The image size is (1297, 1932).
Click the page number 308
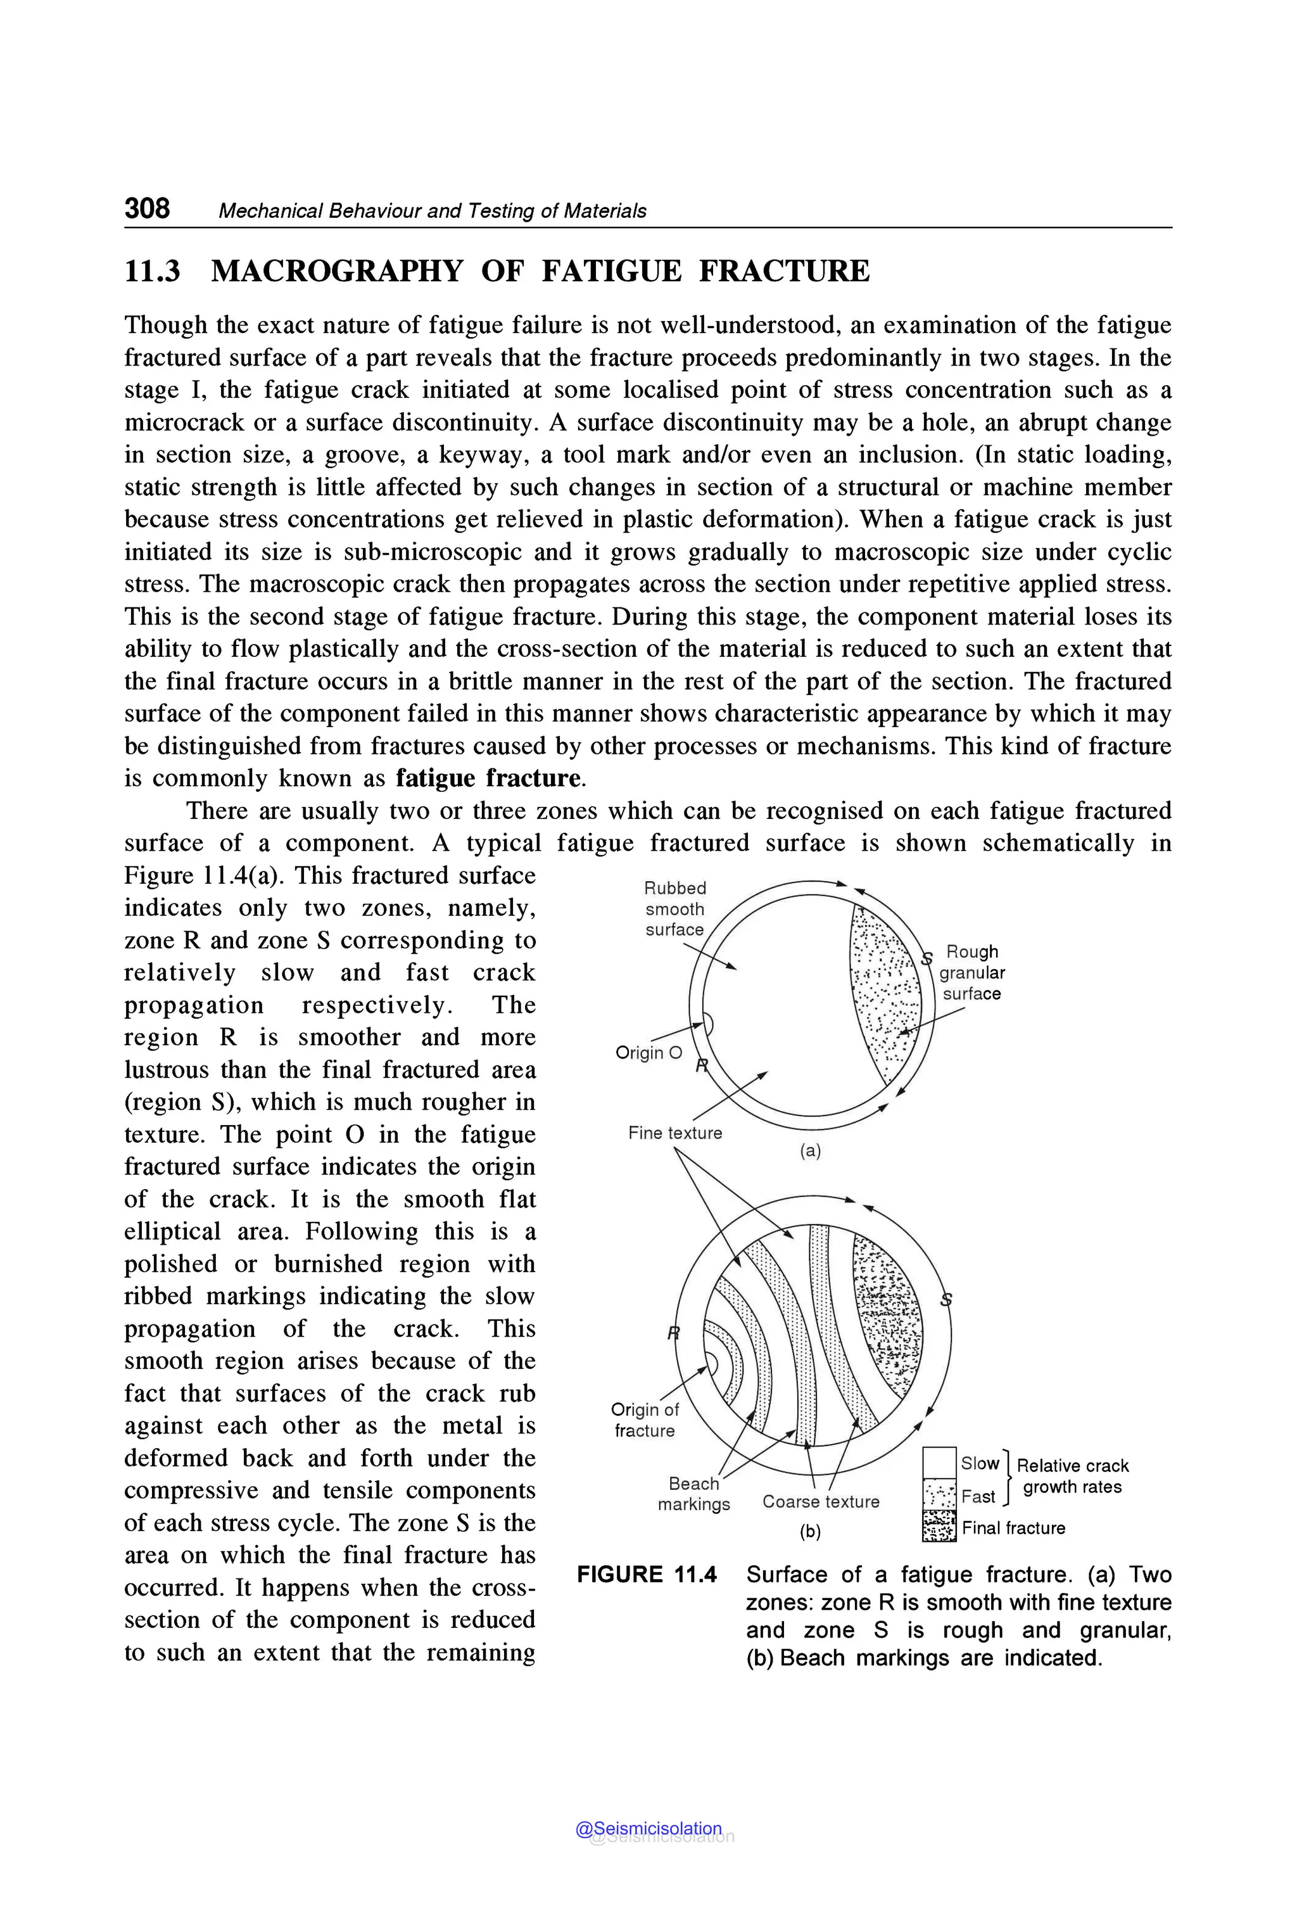pos(147,208)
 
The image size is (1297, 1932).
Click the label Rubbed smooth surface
pos(675,908)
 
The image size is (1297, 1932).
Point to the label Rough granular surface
pos(972,972)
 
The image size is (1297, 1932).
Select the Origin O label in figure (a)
pos(648,1052)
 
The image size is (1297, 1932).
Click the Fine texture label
pos(675,1133)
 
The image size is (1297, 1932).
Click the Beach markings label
pos(694,1494)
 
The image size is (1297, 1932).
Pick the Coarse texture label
pos(821,1501)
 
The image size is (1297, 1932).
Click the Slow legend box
pos(939,1462)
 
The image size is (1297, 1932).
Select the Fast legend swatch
pos(939,1495)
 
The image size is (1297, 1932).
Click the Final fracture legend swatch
pos(939,1527)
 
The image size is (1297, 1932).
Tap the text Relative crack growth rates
pos(1072,1476)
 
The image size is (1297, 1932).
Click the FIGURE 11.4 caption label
pos(647,1575)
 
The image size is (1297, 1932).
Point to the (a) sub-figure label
pos(810,1151)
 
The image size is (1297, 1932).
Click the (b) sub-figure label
pos(810,1532)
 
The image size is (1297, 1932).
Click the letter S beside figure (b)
pos(946,1300)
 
